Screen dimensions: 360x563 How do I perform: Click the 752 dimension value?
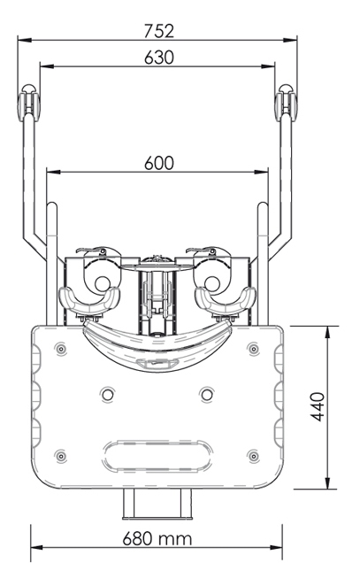[159, 31]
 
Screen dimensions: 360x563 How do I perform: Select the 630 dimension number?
[159, 58]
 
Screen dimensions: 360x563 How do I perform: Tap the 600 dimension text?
[159, 163]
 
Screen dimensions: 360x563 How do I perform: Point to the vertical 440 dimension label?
[318, 407]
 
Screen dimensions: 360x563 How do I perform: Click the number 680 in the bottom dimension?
[137, 538]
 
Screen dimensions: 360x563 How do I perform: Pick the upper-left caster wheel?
[28, 103]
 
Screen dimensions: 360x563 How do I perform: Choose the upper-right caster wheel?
[286, 103]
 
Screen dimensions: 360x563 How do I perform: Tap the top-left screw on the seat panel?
[61, 348]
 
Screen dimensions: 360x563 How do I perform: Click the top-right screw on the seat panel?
[253, 348]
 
